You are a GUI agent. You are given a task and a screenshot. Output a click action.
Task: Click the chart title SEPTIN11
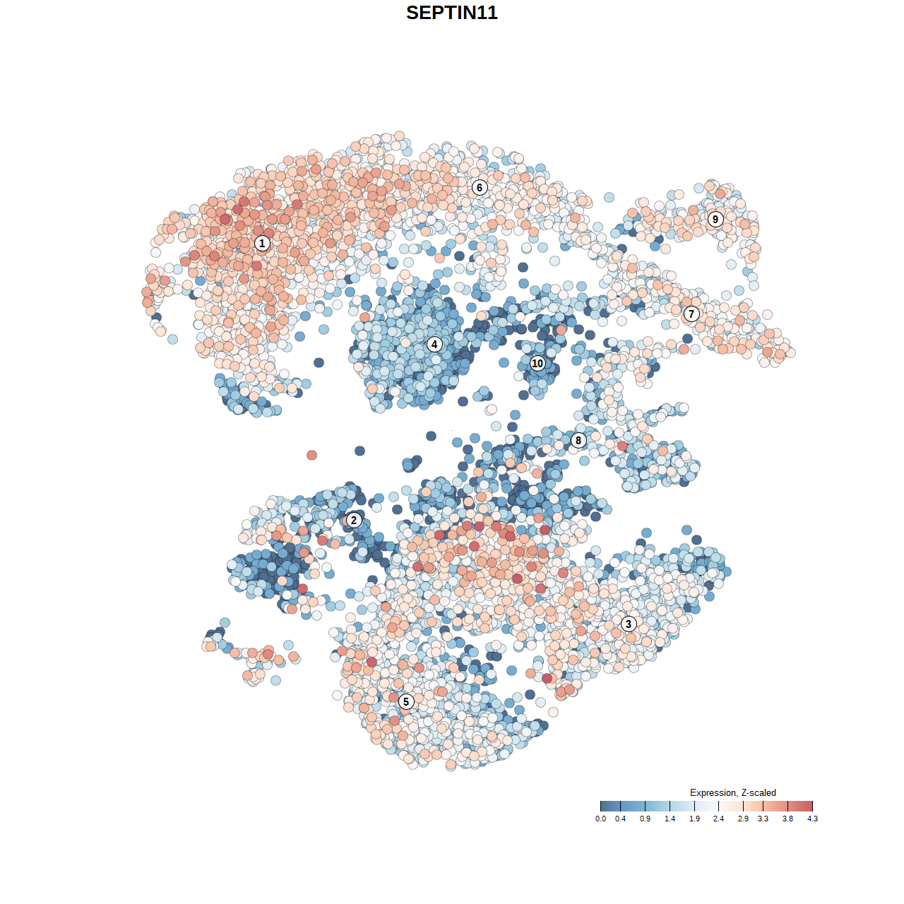(x=452, y=13)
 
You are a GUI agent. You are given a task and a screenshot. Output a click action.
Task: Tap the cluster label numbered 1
(x=262, y=243)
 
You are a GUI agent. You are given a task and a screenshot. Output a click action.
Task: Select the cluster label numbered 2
(x=354, y=521)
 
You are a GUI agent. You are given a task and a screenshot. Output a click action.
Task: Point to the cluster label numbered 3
(x=629, y=624)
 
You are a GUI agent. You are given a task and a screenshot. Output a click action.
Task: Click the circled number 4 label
(x=434, y=344)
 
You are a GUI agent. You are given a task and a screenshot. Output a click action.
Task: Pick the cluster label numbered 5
(x=406, y=701)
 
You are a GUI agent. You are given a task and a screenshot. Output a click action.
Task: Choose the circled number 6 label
(x=480, y=187)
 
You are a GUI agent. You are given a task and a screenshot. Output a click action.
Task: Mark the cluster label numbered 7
(x=691, y=314)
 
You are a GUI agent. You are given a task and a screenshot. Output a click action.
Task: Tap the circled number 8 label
(x=578, y=440)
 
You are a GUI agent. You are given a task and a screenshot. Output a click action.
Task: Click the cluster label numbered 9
(x=715, y=219)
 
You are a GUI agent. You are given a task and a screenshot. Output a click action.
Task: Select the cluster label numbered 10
(x=537, y=363)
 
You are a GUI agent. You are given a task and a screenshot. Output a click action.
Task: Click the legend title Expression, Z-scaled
(x=732, y=792)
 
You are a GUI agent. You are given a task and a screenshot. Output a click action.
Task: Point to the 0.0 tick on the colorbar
(x=600, y=819)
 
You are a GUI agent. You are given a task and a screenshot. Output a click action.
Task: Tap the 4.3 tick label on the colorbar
(x=812, y=819)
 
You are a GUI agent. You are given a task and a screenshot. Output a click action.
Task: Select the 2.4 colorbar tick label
(x=718, y=819)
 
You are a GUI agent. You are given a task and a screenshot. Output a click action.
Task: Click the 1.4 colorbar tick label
(x=670, y=819)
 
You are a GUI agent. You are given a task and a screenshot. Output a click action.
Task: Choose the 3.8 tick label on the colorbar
(x=787, y=819)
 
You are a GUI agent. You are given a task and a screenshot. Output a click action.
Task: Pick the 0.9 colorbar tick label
(x=645, y=819)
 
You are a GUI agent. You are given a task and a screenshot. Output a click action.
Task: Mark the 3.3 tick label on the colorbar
(x=763, y=819)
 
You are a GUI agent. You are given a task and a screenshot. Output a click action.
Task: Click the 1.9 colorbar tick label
(x=694, y=819)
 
